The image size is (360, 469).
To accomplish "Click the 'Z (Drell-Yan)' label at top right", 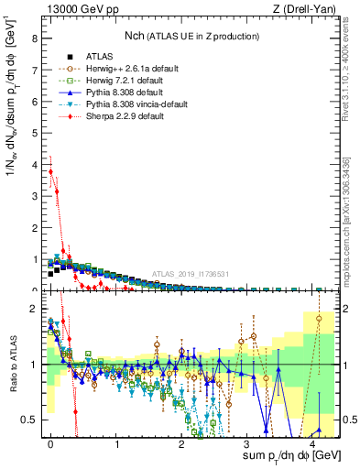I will [307, 8].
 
